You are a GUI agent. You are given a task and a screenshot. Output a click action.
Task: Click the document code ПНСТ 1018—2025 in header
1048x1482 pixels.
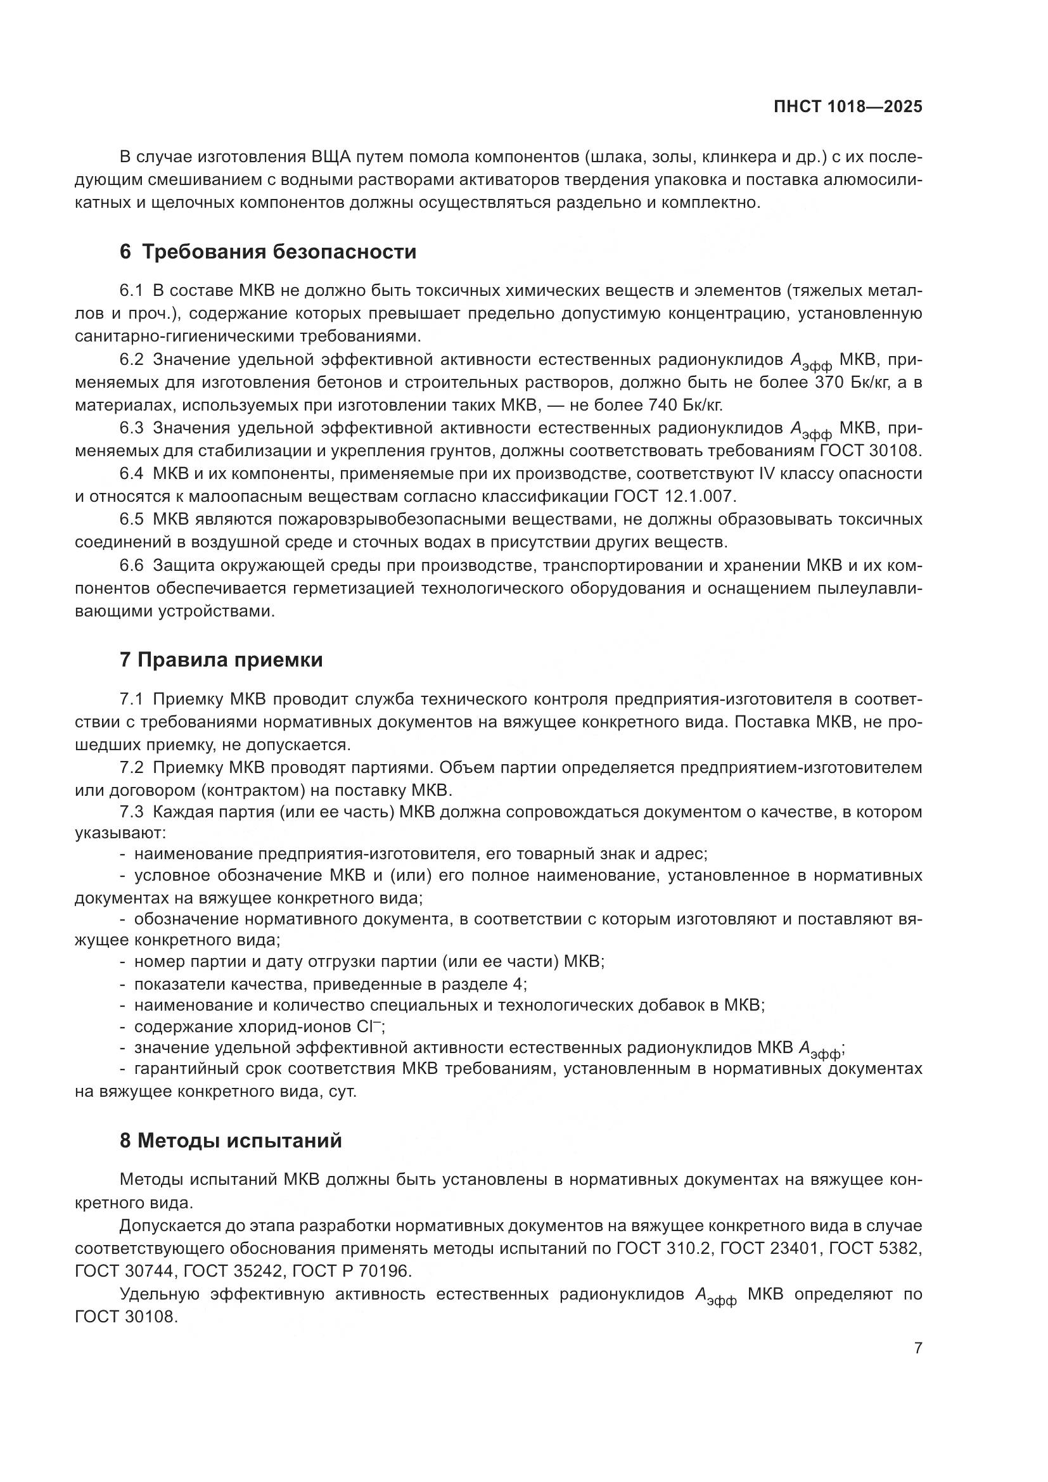847,106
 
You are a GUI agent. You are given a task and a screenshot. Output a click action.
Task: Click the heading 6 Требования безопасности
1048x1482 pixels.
268,252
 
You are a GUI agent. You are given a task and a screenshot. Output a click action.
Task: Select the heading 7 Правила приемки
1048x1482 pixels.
221,660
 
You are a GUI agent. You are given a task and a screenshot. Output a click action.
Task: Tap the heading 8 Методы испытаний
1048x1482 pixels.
231,1140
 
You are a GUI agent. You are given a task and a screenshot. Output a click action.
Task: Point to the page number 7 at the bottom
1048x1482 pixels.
917,1348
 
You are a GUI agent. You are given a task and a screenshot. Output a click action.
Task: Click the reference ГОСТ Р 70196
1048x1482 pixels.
351,1272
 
